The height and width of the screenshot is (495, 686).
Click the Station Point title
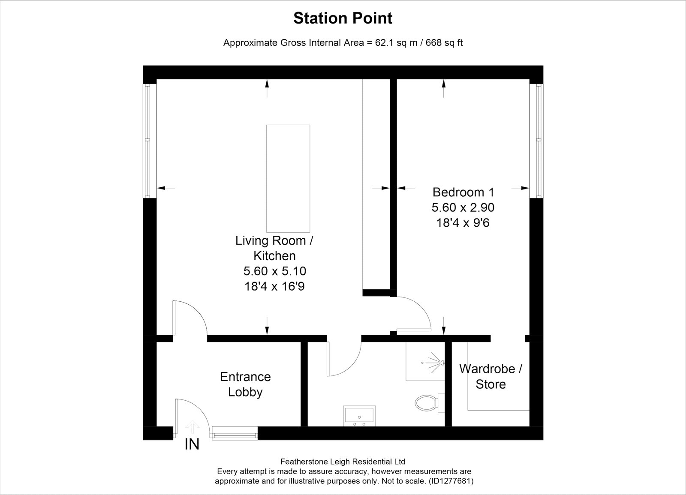pos(343,18)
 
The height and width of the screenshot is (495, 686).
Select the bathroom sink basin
pos(359,416)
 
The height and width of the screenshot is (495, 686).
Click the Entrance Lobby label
pos(245,384)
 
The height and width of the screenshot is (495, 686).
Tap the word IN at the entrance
pos(192,444)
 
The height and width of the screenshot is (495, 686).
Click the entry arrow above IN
pos(193,427)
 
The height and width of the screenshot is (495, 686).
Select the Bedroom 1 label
pos(463,192)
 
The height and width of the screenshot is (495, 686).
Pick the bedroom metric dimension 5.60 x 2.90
pos(463,207)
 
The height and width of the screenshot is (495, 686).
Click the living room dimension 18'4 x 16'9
pos(274,287)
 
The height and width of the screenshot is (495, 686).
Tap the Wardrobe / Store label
pos(490,377)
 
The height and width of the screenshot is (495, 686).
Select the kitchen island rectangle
pos(288,178)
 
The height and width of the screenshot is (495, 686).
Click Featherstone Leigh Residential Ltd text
pos(343,462)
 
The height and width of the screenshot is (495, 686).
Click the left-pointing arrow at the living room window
pos(165,188)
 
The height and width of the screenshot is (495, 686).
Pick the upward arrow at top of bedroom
pos(444,88)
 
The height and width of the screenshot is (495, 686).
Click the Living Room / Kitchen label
pos(274,248)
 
